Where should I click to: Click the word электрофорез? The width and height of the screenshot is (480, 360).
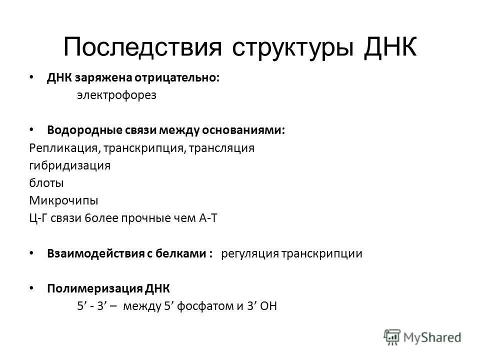point(116,96)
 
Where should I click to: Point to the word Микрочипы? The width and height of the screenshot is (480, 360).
point(56,201)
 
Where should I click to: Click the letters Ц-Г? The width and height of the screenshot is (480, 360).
point(37,218)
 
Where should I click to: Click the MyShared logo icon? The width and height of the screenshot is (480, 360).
point(393,336)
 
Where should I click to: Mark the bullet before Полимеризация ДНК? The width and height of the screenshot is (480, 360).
point(32,288)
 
